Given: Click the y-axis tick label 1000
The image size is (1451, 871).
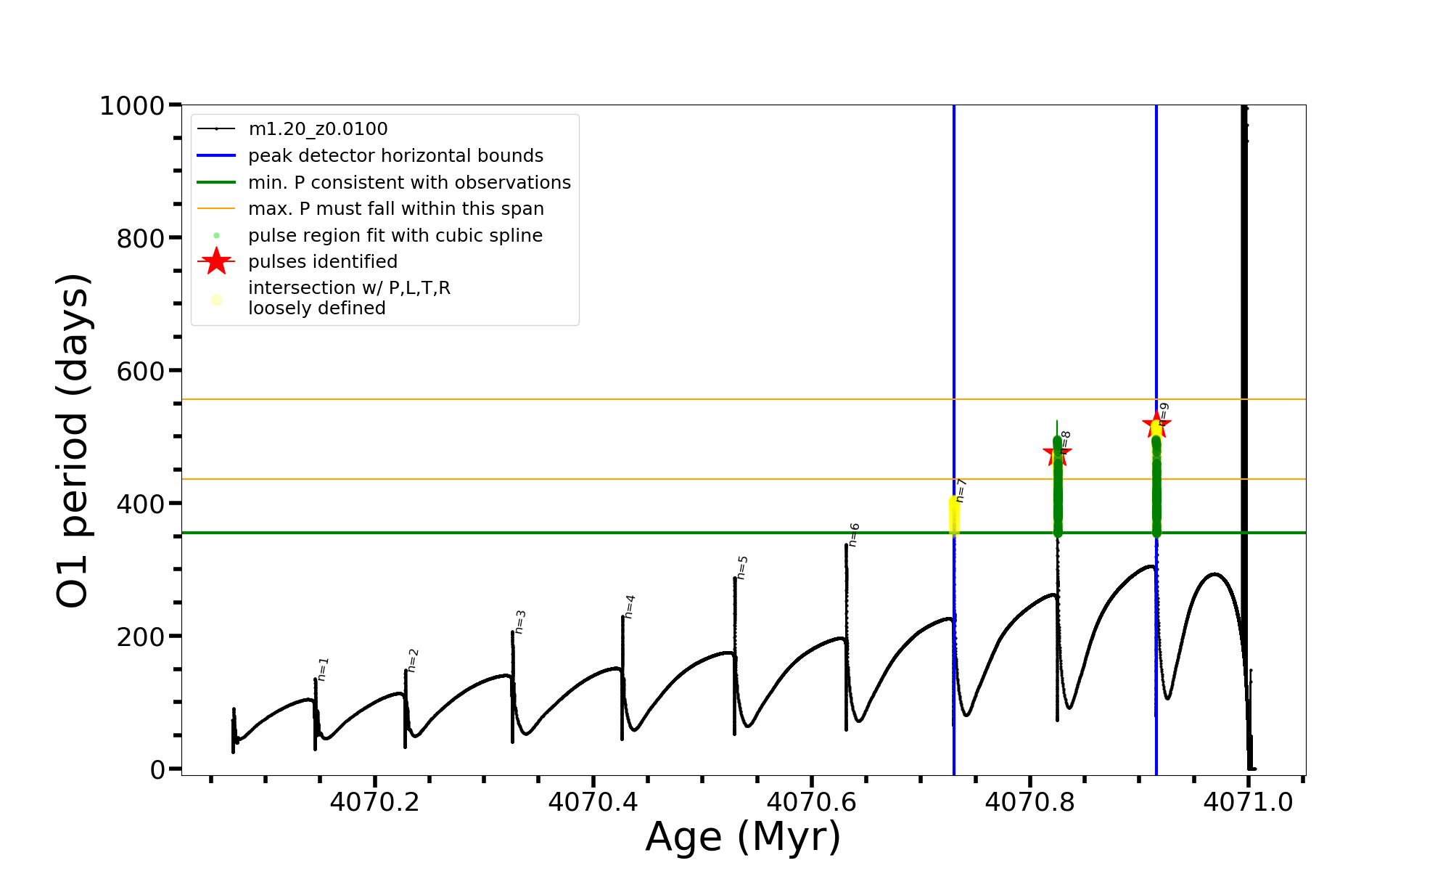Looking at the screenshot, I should pyautogui.click(x=132, y=106).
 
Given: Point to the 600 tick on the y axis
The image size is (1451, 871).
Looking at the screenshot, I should pyautogui.click(x=141, y=371).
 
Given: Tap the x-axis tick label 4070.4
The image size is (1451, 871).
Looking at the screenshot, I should pyautogui.click(x=593, y=802).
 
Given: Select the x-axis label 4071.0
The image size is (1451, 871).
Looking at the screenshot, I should pyautogui.click(x=1248, y=802).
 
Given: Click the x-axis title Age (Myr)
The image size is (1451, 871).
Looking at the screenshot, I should pyautogui.click(x=743, y=837).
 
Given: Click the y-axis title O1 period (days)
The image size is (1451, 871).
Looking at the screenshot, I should pyautogui.click(x=73, y=440).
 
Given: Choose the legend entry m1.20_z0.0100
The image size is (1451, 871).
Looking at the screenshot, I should pyautogui.click(x=318, y=129).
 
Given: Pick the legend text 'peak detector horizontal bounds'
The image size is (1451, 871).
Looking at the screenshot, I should pyautogui.click(x=395, y=156).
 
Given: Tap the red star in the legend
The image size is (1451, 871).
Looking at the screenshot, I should pyautogui.click(x=216, y=261).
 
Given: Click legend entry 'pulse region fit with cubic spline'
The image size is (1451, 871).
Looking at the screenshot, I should pyautogui.click(x=395, y=236).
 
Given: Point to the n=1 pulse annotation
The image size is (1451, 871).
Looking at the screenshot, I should pyautogui.click(x=324, y=668).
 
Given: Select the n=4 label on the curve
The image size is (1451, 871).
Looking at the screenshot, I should pyautogui.click(x=630, y=606).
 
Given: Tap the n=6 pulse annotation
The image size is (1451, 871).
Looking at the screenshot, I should pyautogui.click(x=854, y=534).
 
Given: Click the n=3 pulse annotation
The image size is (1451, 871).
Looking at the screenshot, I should pyautogui.click(x=520, y=621).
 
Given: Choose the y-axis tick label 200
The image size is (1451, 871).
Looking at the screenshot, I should pyautogui.click(x=141, y=637).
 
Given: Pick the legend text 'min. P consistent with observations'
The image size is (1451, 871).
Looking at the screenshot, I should pyautogui.click(x=409, y=183).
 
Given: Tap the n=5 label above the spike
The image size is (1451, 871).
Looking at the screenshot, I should pyautogui.click(x=741, y=567).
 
